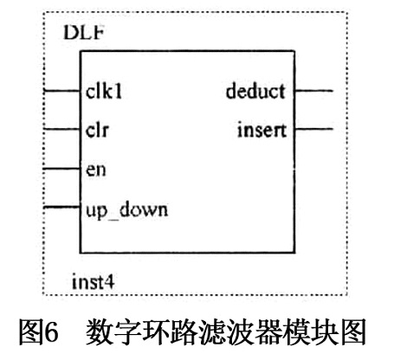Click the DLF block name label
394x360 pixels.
[x=83, y=32]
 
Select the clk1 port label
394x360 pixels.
[x=104, y=92]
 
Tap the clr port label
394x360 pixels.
[x=97, y=131]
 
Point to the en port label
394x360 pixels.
[x=96, y=170]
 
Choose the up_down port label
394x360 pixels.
[x=126, y=210]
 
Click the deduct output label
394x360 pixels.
[x=256, y=91]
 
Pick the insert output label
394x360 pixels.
[x=262, y=131]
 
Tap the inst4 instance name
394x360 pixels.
[x=93, y=282]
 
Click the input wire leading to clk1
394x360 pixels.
[x=61, y=91]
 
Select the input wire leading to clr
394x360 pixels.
[x=61, y=129]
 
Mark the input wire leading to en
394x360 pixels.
[x=61, y=169]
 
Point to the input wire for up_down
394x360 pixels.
[x=61, y=207]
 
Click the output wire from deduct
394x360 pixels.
[x=313, y=91]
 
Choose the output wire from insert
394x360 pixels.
[x=313, y=129]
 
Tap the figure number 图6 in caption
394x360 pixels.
[x=39, y=332]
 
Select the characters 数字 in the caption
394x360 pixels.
[x=113, y=332]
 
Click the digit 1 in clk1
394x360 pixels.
[x=118, y=92]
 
